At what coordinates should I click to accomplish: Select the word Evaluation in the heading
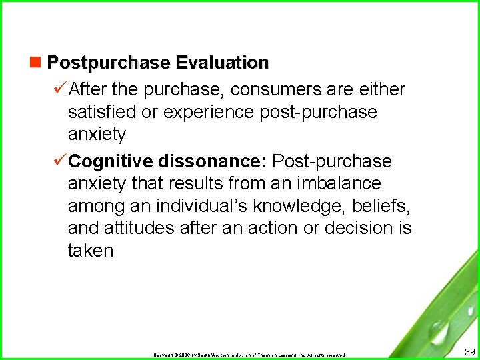point(222,63)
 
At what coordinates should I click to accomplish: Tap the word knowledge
point(299,206)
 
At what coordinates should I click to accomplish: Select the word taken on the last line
point(91,251)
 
